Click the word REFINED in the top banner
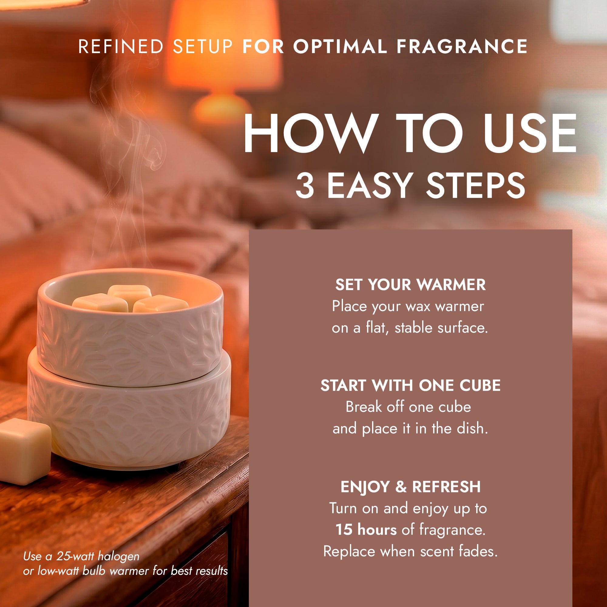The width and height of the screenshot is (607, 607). pyautogui.click(x=121, y=46)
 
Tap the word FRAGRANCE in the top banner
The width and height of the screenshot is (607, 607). pyautogui.click(x=462, y=46)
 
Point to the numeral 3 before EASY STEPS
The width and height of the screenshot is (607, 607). pyautogui.click(x=305, y=186)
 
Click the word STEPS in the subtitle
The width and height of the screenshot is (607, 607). pyautogui.click(x=475, y=186)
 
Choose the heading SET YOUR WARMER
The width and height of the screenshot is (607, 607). pyautogui.click(x=410, y=285)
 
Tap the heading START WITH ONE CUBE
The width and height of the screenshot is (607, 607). pyautogui.click(x=410, y=385)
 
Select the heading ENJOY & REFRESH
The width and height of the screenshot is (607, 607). pyautogui.click(x=410, y=487)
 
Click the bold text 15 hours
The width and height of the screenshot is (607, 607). pyautogui.click(x=366, y=529)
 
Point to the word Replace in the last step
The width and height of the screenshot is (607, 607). pyautogui.click(x=349, y=552)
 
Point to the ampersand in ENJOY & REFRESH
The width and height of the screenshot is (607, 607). pyautogui.click(x=401, y=487)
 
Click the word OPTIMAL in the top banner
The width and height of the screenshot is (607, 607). pyautogui.click(x=340, y=46)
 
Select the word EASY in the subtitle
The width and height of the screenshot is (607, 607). pyautogui.click(x=369, y=186)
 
